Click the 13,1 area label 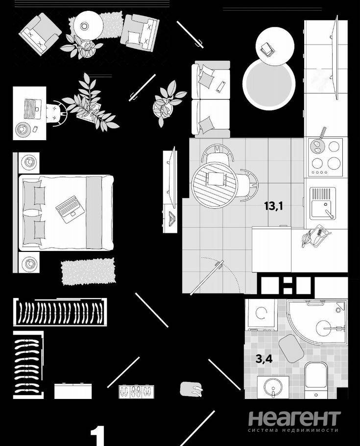[x=273, y=206]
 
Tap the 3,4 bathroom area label [x=264, y=359]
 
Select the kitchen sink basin [x=320, y=210]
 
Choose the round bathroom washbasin [x=273, y=387]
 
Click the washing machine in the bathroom [x=261, y=314]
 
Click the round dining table [x=215, y=186]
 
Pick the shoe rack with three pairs [x=136, y=392]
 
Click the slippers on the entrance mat [x=197, y=390]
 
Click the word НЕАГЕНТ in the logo [x=294, y=418]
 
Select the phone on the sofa [x=221, y=87]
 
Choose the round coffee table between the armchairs [x=89, y=25]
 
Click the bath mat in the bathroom [x=291, y=348]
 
